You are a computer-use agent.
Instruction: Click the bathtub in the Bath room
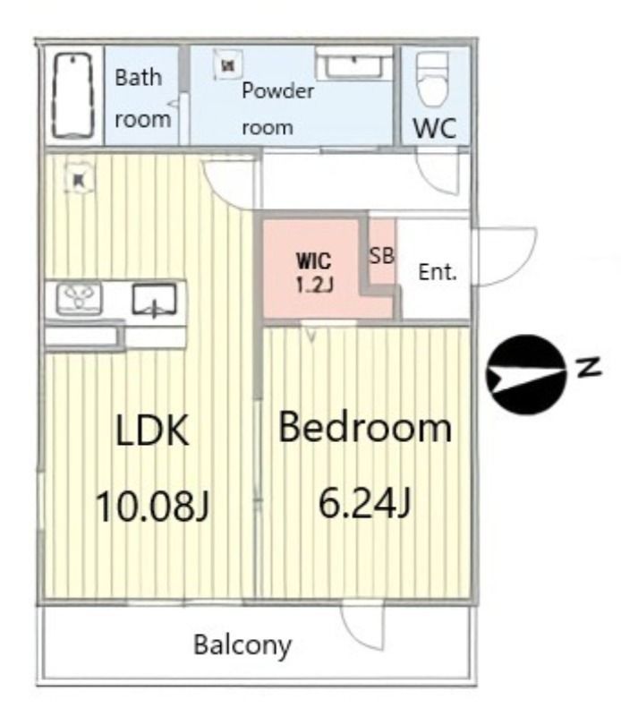73,96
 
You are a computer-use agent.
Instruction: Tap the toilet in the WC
432,79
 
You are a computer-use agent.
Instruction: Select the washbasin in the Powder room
353,66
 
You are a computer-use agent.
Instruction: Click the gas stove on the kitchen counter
79,299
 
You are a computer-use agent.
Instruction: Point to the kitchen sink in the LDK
154,300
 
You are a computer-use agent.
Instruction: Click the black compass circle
526,374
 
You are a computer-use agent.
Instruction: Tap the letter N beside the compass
588,367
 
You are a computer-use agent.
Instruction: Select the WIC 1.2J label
314,273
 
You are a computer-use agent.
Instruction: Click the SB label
381,256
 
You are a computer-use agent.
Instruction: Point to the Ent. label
438,272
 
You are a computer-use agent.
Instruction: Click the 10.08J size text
152,505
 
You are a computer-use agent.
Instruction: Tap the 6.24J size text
364,503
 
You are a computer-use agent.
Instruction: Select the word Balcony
242,645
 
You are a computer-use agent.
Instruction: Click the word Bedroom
365,428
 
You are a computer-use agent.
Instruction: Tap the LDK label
151,430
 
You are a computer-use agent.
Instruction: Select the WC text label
435,128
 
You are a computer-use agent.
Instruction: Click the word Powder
277,91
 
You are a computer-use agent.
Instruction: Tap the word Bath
139,78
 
